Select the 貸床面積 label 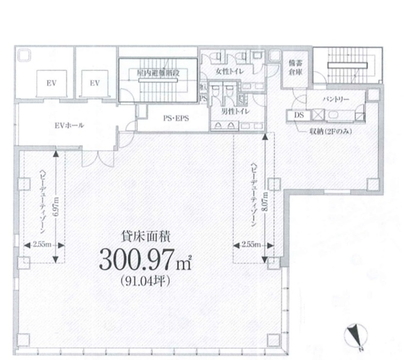click(x=146, y=237)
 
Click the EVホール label click(x=69, y=125)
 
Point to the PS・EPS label click(x=176, y=118)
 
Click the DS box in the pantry click(x=299, y=115)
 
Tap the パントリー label click(x=336, y=99)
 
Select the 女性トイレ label click(x=230, y=71)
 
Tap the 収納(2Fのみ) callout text click(x=330, y=132)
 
